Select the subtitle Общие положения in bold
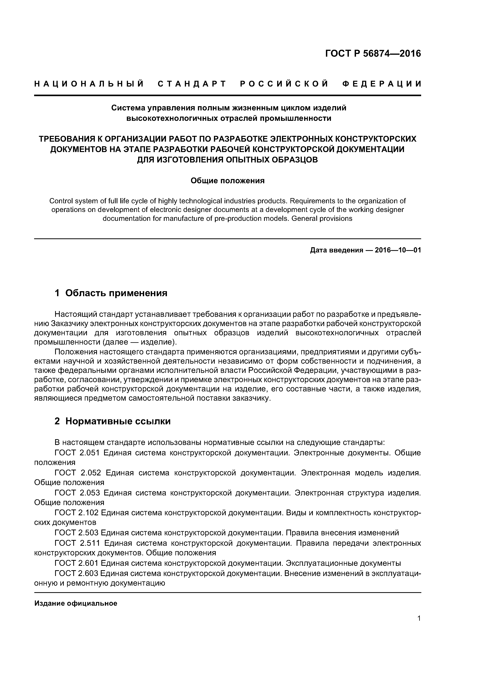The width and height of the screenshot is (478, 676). [x=227, y=181]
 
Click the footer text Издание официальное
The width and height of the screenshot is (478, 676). [x=76, y=603]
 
